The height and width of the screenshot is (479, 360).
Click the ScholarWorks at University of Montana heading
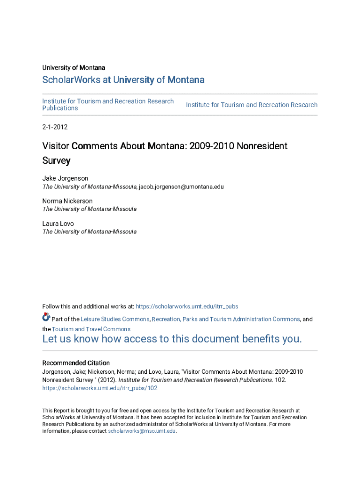coord(123,80)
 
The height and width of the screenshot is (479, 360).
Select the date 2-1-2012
coord(55,127)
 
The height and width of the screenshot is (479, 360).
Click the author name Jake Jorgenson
coord(65,178)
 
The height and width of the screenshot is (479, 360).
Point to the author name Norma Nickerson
coord(67,201)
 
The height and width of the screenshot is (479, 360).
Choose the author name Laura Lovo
coord(58,224)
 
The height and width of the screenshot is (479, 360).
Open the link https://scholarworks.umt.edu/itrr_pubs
coord(187,306)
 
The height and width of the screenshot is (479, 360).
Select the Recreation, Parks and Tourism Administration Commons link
coord(226,319)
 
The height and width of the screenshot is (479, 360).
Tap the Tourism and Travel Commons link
coord(91,329)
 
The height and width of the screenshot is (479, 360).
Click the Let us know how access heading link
coord(172,339)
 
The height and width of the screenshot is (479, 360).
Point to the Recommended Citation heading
coord(76,363)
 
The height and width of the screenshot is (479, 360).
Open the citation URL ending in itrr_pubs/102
coord(100,388)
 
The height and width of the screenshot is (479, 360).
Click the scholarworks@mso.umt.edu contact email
coord(142,431)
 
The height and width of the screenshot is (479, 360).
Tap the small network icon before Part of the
coord(46,317)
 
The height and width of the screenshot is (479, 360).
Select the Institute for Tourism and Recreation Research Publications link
coord(108,104)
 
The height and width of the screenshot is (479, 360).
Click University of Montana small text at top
coord(73,68)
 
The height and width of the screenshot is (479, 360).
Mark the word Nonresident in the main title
coord(262,146)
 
